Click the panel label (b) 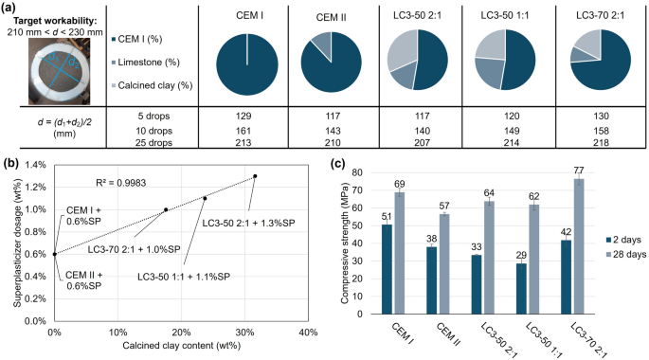[9, 162]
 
